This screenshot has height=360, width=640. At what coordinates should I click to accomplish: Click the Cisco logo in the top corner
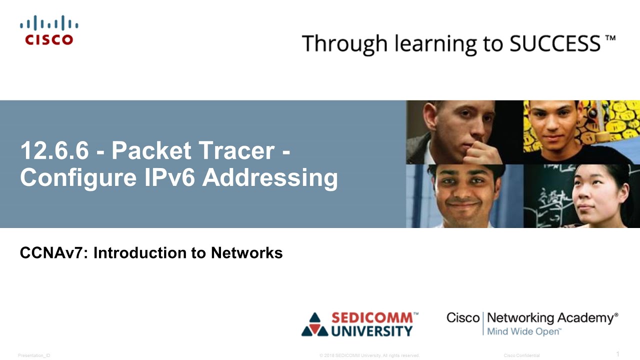49,30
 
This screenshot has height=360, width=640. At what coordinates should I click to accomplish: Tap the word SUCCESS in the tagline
554,43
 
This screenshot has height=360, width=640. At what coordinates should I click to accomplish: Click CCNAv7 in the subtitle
53,253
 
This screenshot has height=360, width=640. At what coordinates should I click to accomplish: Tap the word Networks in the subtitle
246,253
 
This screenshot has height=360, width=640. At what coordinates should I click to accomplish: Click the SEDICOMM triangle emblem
314,324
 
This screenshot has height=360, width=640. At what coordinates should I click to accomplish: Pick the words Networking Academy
551,318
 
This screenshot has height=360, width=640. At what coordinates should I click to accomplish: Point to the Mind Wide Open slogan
524,331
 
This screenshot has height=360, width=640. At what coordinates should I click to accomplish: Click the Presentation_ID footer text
34,355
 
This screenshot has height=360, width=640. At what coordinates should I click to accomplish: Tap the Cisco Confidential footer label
521,355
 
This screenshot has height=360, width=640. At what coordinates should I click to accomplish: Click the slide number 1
617,354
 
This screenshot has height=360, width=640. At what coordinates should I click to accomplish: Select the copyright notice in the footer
369,355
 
